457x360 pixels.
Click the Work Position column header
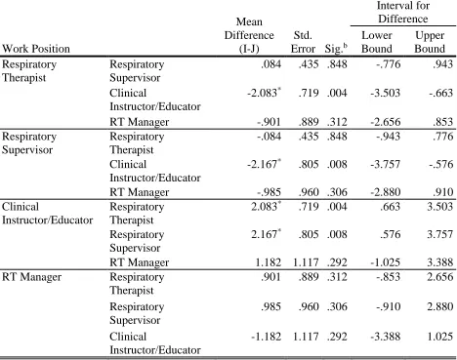coord(36,49)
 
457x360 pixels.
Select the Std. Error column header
coord(303,42)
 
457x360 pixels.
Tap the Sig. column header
coord(336,49)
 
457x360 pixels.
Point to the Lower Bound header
coord(377,42)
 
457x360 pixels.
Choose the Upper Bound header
coord(430,42)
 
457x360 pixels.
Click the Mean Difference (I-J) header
coord(249,35)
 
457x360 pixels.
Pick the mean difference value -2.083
coord(262,93)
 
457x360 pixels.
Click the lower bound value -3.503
coord(385,93)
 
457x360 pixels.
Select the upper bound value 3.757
coord(439,234)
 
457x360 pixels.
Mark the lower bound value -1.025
coord(385,262)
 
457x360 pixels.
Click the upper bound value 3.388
coord(439,262)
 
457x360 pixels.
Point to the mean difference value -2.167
coord(262,164)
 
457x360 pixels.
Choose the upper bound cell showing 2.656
coord(439,277)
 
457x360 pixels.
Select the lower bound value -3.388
coord(385,337)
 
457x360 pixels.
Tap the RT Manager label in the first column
coord(31,277)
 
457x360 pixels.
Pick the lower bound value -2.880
coord(385,192)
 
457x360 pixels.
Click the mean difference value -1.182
coord(266,337)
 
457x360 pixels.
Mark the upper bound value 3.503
coord(439,207)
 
